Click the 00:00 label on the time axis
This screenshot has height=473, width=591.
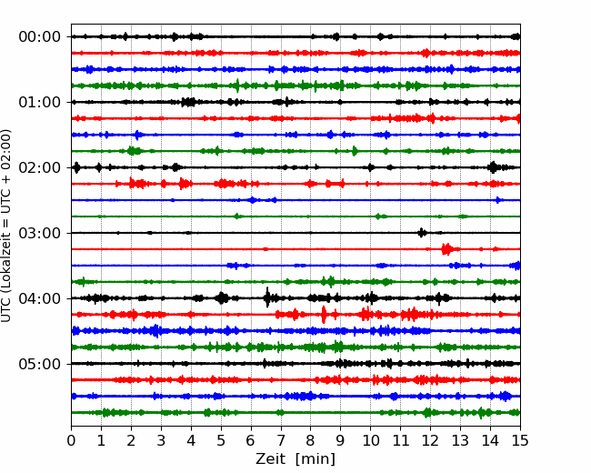(40, 37)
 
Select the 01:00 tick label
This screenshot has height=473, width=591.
(40, 102)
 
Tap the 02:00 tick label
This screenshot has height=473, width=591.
(40, 168)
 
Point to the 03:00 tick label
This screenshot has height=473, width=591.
(40, 233)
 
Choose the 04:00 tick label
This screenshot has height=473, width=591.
(40, 298)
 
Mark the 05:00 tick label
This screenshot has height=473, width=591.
(40, 364)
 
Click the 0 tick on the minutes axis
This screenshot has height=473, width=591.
(71, 440)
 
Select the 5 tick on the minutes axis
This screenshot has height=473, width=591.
(221, 440)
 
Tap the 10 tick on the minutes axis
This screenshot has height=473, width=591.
(370, 440)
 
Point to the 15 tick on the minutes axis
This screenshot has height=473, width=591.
(520, 440)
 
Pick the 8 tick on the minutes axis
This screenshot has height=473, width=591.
(311, 440)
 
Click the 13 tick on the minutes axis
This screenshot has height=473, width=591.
(460, 440)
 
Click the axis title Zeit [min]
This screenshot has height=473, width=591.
(295, 459)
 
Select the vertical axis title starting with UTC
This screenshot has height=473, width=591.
(5, 226)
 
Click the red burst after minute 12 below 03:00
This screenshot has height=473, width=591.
(447, 249)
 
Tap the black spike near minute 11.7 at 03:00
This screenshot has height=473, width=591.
(422, 233)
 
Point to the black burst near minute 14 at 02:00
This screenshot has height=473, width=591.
(493, 167)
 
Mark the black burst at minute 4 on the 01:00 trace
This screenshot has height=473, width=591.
(188, 102)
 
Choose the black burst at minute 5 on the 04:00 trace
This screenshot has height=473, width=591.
(222, 298)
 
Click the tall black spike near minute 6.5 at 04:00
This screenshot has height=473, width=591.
(267, 297)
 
